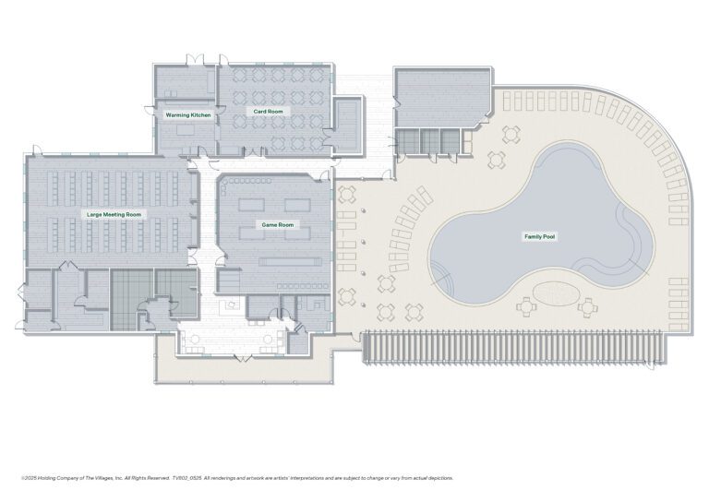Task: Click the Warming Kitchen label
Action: click(187, 115)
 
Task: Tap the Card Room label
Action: click(269, 112)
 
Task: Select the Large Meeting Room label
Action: click(114, 214)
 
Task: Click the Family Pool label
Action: click(539, 237)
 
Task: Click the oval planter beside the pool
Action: click(555, 293)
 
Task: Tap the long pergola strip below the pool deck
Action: click(515, 349)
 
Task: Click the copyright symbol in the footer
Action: click(22, 478)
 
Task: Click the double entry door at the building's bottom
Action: click(245, 356)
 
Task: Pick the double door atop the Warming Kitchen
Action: click(193, 62)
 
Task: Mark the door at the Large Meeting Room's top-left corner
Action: click(36, 149)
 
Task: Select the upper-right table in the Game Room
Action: click(296, 204)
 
